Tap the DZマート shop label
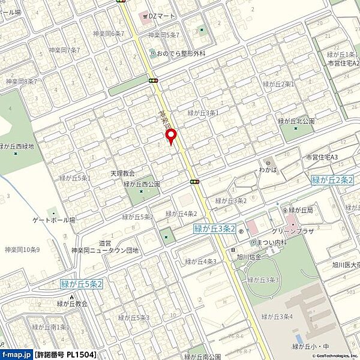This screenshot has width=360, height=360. [157, 16]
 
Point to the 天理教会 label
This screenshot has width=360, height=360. [122, 173]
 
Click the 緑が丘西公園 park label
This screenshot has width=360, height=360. [142, 184]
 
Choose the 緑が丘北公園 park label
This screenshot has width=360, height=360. [301, 120]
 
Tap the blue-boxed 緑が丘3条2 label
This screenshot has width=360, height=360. [214, 229]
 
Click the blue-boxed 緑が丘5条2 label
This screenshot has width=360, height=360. [82, 284]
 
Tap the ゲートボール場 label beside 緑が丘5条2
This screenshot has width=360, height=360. [54, 220]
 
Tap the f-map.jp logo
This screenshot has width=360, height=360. [16, 355]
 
